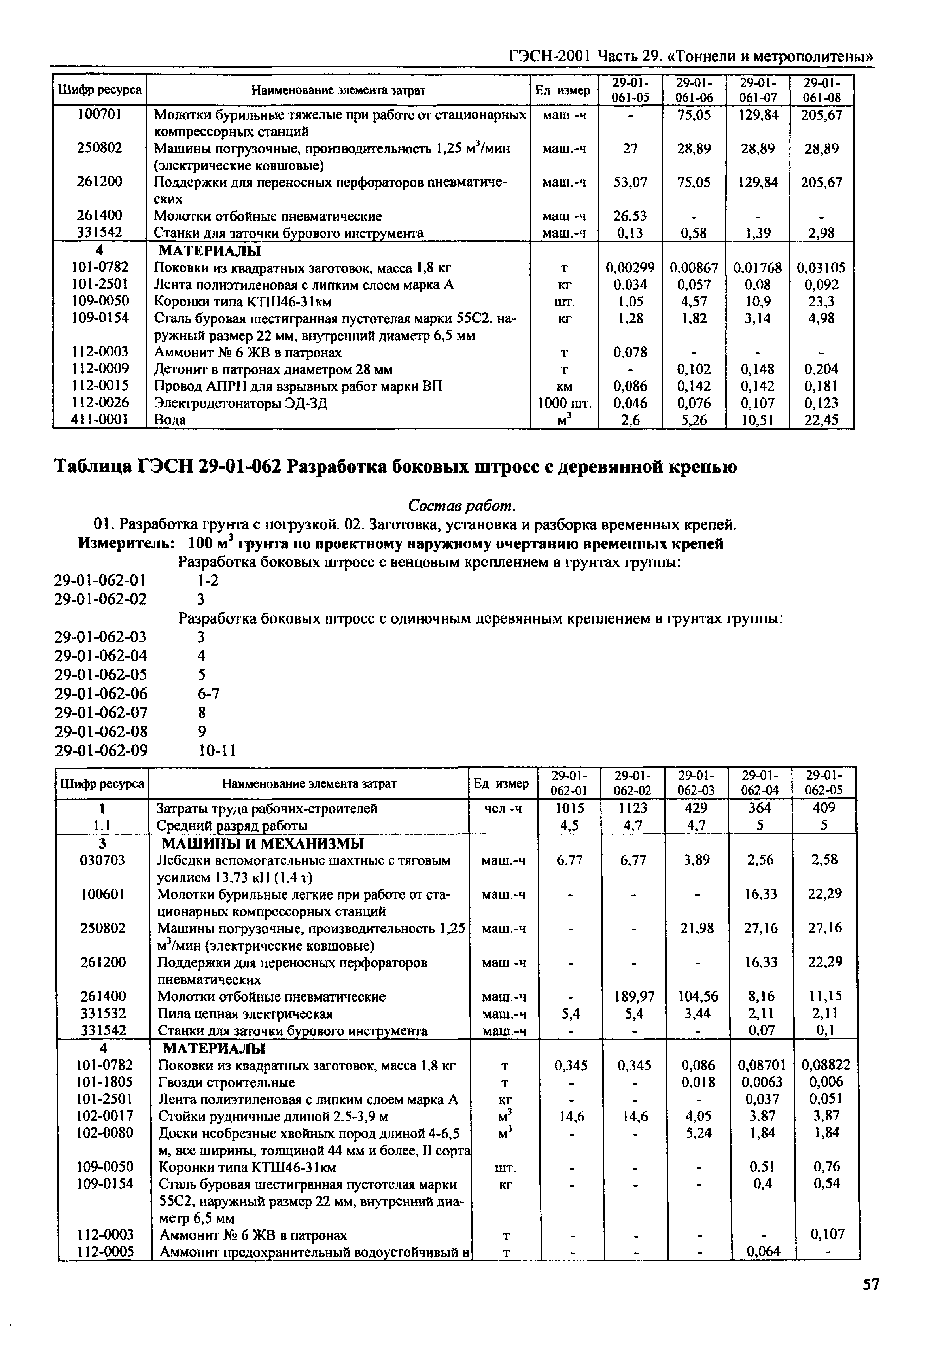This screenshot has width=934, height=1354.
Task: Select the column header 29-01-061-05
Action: [x=630, y=90]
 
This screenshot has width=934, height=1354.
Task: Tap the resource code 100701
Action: [x=100, y=115]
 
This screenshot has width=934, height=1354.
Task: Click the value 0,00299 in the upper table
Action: [x=630, y=268]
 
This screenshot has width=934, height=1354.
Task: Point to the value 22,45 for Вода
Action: [x=821, y=420]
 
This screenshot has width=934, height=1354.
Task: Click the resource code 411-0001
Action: [x=100, y=420]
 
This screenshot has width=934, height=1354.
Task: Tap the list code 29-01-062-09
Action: [x=101, y=750]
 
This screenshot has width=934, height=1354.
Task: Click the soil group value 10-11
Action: [x=217, y=750]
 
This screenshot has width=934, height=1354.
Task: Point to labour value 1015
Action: [x=570, y=808]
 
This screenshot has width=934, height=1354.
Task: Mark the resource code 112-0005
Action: [x=105, y=1252]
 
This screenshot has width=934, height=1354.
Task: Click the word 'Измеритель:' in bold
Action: [x=127, y=544]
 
